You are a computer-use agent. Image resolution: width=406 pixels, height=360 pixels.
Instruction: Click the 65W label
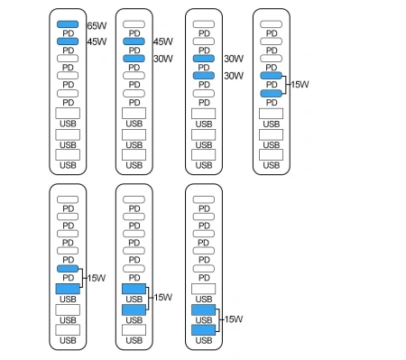point(97,26)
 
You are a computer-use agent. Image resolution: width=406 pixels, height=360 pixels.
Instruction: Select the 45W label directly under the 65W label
point(97,42)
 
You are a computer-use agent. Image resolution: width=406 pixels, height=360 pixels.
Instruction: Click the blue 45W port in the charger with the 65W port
point(68,42)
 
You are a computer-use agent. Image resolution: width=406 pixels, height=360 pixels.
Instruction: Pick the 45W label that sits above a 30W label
point(163,42)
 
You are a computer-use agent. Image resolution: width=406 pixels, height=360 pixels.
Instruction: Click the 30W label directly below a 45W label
point(163,59)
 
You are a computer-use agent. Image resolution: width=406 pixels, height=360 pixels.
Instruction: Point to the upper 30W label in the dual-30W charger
point(233,59)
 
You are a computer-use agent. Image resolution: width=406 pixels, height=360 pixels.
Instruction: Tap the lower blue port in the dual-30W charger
point(205,76)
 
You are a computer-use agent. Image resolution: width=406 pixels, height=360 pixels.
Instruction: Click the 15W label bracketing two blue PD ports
point(299,84)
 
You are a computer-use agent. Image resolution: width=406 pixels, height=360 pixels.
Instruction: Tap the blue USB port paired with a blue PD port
point(68,289)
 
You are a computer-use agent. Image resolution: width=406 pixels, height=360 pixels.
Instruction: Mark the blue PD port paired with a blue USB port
point(68,269)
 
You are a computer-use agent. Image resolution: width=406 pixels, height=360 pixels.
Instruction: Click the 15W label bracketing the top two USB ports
point(162,298)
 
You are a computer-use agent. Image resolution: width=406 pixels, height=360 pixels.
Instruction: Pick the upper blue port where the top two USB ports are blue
point(134,289)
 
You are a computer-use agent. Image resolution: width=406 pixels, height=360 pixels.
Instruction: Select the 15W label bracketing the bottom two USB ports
point(232,319)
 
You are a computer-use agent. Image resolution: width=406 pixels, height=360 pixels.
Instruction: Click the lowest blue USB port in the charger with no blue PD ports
point(204,330)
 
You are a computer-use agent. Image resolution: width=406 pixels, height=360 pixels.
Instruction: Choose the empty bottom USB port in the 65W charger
point(68,154)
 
